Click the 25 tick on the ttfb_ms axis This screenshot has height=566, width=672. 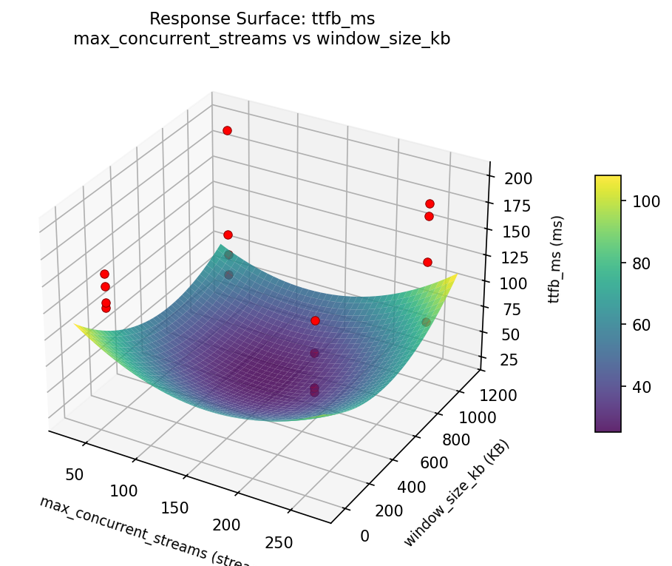[508, 360]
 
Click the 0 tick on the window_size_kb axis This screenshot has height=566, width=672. [364, 536]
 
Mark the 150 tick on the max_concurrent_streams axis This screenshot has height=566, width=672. [174, 508]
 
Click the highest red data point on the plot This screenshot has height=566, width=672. [227, 130]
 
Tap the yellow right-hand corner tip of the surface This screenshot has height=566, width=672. [456, 274]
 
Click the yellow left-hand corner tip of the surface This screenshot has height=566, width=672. [75, 325]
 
